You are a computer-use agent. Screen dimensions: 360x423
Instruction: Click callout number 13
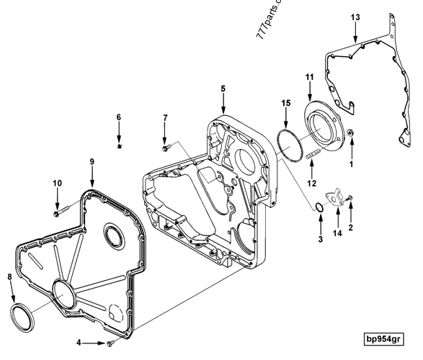(355, 17)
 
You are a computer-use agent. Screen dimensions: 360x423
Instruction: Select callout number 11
(310, 77)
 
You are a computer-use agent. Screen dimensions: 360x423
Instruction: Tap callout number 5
(223, 88)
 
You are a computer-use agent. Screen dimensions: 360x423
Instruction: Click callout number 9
(93, 162)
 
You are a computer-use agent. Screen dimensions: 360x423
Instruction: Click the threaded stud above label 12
(311, 155)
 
